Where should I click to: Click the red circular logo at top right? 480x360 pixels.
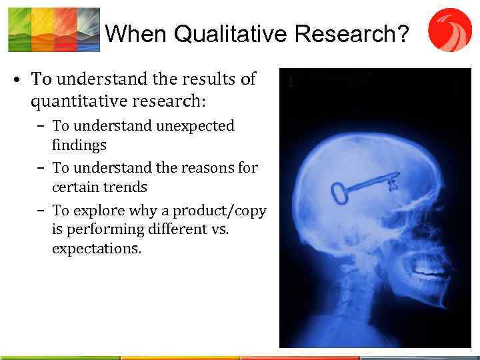pos(449,29)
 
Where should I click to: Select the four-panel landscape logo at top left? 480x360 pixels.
pos(53,29)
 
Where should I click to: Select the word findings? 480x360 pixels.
pos(79,144)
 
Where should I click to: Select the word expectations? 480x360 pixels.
pos(97,249)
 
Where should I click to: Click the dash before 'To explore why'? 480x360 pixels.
pos(41,211)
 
